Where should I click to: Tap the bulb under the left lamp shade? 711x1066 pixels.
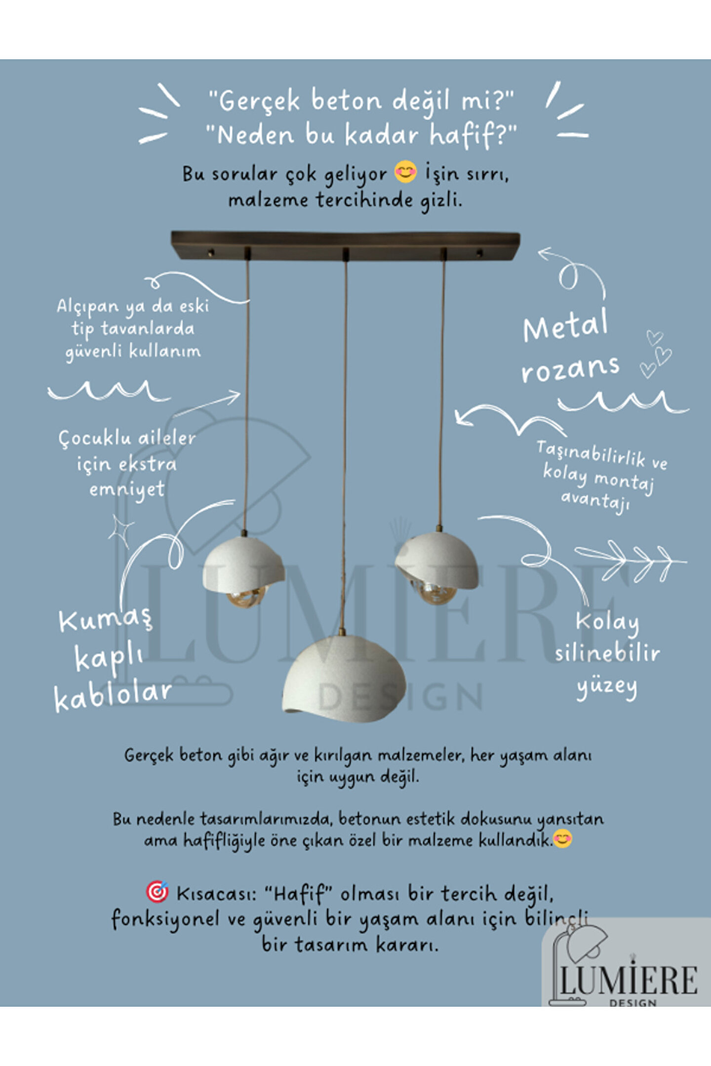pos(246,596)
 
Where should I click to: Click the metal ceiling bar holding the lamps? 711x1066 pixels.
pos(345,245)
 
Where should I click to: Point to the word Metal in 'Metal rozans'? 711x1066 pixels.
pos(565,326)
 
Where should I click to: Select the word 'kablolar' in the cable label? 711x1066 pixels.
pos(113,696)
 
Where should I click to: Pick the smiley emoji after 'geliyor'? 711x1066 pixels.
pos(405,172)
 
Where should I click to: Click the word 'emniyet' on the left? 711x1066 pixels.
pos(127,490)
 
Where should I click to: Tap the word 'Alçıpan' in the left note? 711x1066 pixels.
pos(88,307)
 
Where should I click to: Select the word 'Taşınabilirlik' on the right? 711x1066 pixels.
pos(591,454)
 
